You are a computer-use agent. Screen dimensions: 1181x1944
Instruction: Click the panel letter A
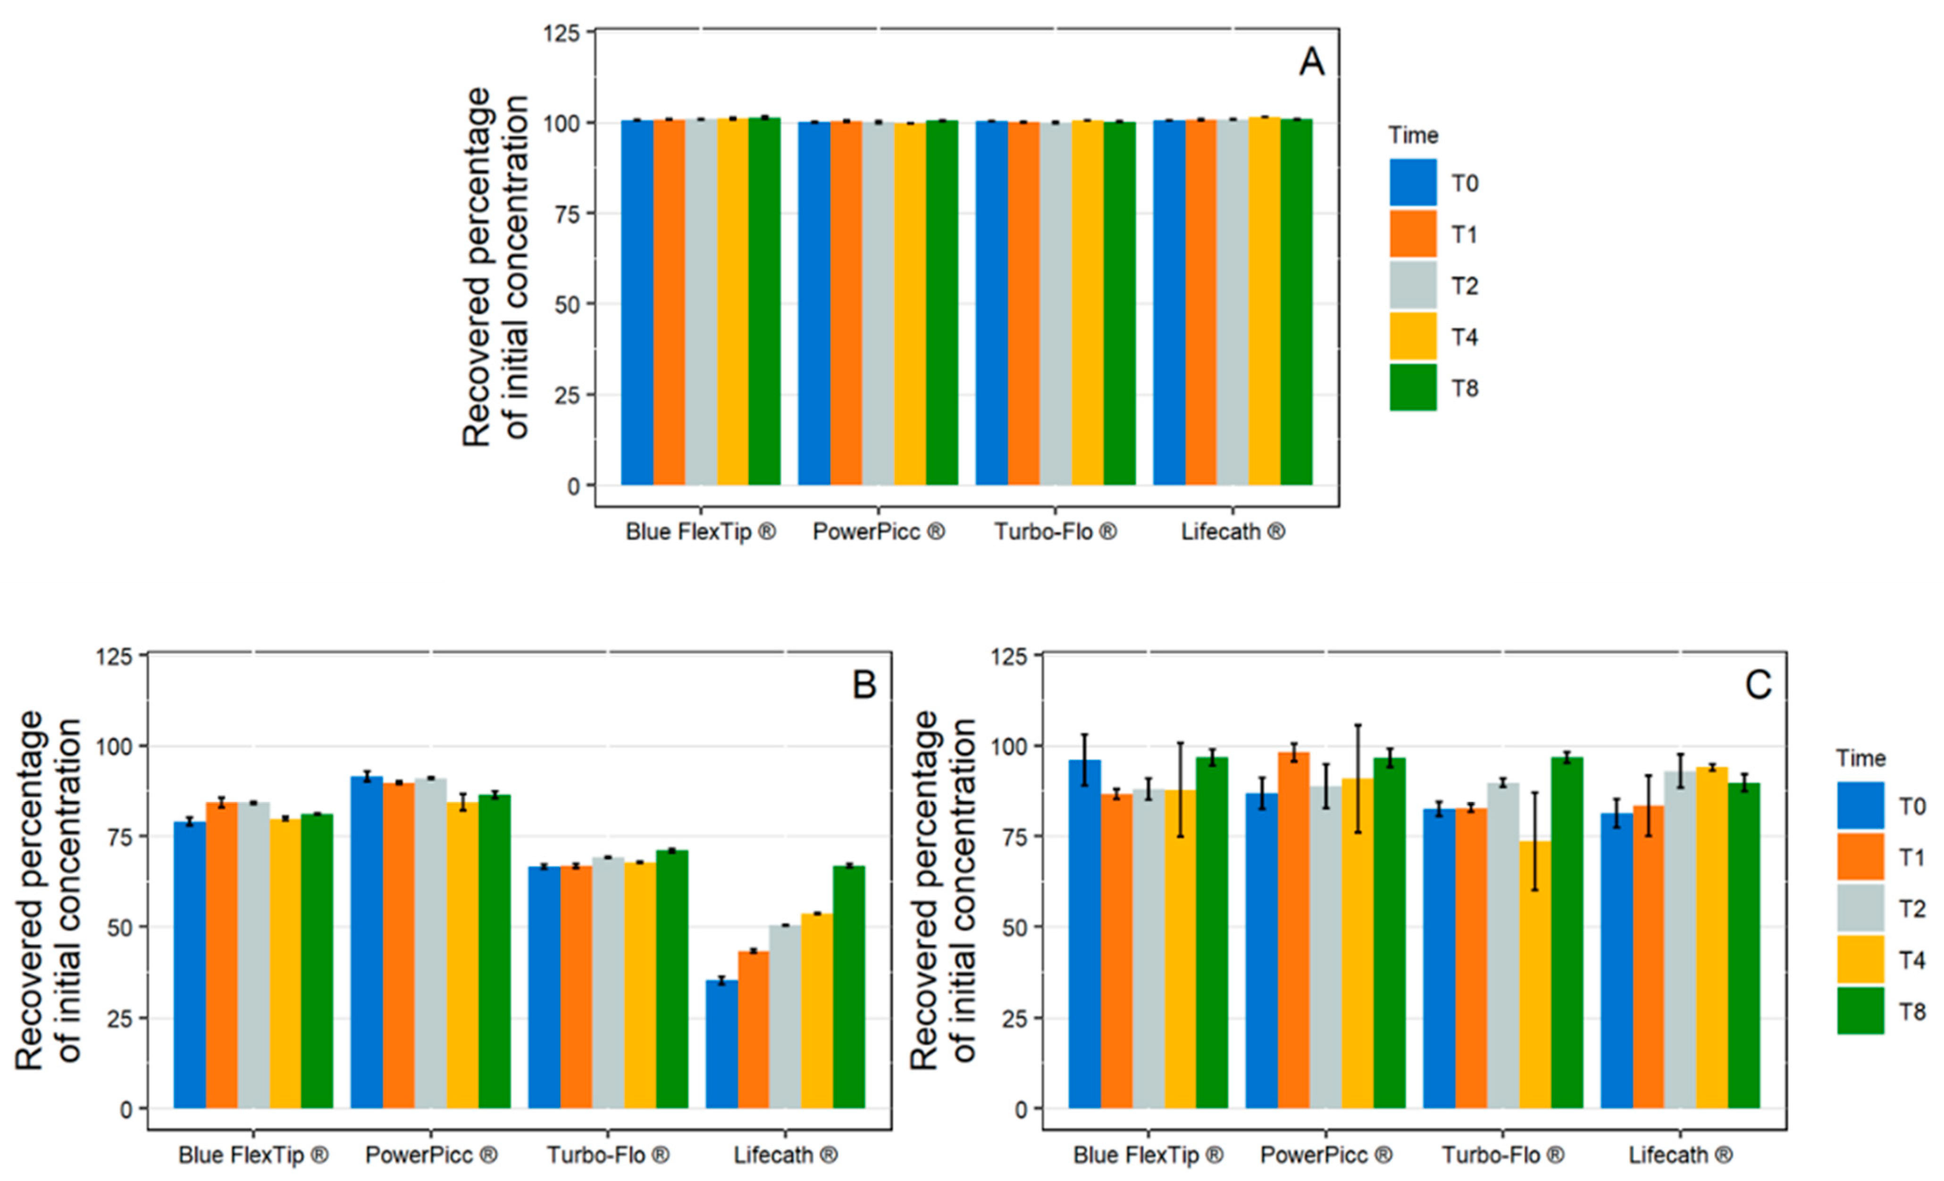(1311, 61)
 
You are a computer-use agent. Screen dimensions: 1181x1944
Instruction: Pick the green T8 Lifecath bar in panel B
(849, 987)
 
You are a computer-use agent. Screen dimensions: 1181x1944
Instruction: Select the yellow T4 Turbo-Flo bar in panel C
(1534, 974)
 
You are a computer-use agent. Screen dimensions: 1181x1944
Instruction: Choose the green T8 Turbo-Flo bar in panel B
(671, 979)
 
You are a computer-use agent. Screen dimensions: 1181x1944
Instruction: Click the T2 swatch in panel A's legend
(1413, 285)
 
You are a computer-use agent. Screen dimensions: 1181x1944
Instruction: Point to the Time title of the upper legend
(1413, 136)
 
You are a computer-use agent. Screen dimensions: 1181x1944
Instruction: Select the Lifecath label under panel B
(785, 1155)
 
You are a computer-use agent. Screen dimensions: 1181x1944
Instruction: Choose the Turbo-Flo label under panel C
(1503, 1155)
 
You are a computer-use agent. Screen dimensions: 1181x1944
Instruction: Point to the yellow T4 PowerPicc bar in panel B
(462, 955)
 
